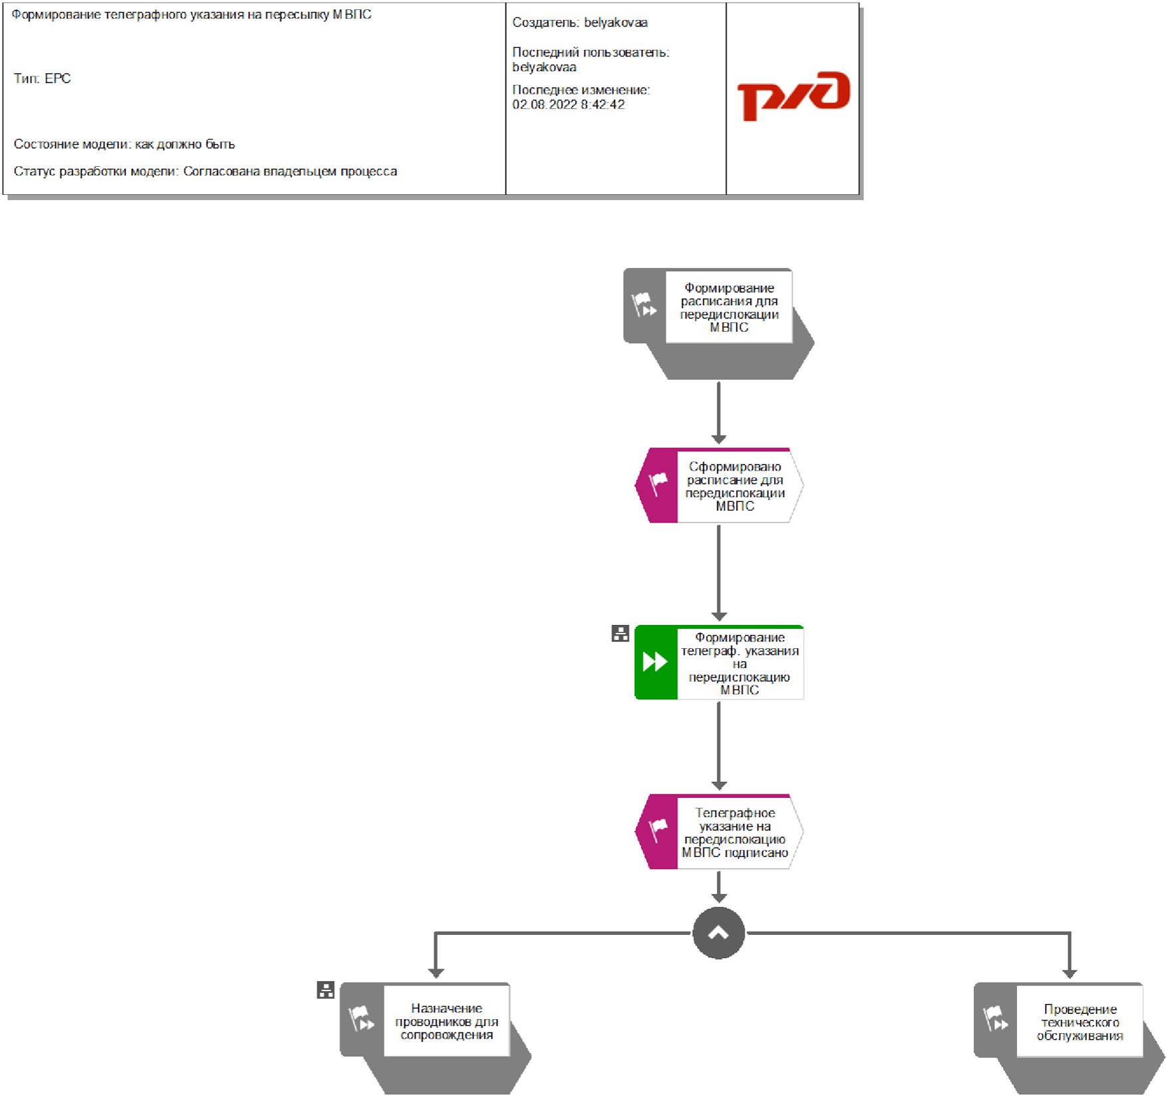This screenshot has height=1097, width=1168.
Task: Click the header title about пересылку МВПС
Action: (192, 15)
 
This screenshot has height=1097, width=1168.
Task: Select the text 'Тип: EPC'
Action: (42, 78)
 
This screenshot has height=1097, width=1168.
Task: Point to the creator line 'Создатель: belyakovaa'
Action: (579, 23)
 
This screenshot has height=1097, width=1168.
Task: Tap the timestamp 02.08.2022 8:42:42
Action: (568, 104)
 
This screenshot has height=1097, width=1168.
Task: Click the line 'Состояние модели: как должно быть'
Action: (124, 144)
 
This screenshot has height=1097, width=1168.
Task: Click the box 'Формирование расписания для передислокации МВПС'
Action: (728, 307)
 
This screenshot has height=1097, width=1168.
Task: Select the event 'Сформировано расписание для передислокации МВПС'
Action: (734, 486)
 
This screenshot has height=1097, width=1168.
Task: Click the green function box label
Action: (739, 663)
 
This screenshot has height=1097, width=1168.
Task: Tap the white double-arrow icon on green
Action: (655, 662)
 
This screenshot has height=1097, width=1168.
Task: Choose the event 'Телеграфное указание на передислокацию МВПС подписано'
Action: (734, 832)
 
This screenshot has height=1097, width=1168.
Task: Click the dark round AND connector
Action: (718, 933)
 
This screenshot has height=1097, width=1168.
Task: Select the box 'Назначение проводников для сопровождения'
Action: (446, 1021)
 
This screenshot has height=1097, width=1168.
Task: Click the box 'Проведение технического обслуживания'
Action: (1080, 1022)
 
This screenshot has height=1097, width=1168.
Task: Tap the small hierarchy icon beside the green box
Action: (620, 634)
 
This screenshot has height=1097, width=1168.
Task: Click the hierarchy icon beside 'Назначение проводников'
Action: (325, 990)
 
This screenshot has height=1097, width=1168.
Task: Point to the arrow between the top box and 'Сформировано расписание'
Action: (718, 412)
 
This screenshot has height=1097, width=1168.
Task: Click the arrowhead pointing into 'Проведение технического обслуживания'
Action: (1070, 973)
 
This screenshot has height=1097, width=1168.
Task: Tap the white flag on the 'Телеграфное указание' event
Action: (658, 828)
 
